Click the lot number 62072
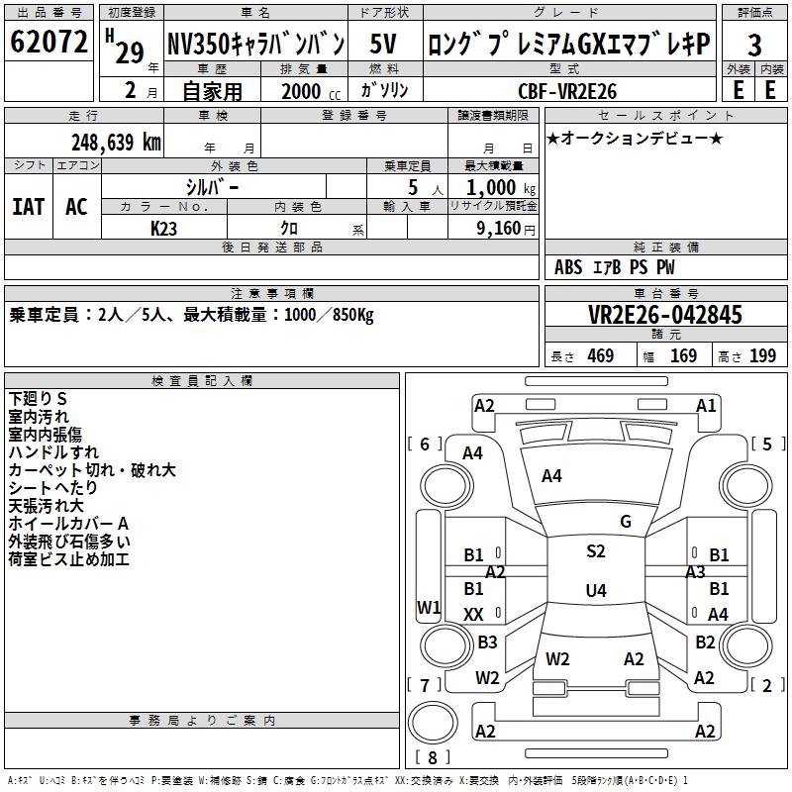coord(49,44)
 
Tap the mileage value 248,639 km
coord(116,142)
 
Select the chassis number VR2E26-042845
coord(665,315)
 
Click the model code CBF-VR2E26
coord(567,91)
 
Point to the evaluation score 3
coord(754,46)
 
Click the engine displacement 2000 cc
coord(303,91)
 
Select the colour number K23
coord(164,228)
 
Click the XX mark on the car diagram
coord(474,615)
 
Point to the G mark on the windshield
coord(626,522)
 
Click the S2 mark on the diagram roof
coord(595,551)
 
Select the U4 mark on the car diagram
coord(595,591)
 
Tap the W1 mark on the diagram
coord(429,607)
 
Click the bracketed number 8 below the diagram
coord(434,758)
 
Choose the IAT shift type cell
coord(28,206)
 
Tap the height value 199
coord(762,355)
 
